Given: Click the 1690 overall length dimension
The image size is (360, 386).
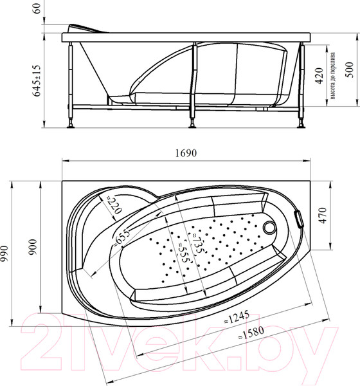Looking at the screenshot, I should (184, 153).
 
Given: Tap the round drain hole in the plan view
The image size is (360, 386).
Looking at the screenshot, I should (269, 226).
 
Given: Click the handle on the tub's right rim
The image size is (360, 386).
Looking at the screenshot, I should (298, 218).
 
